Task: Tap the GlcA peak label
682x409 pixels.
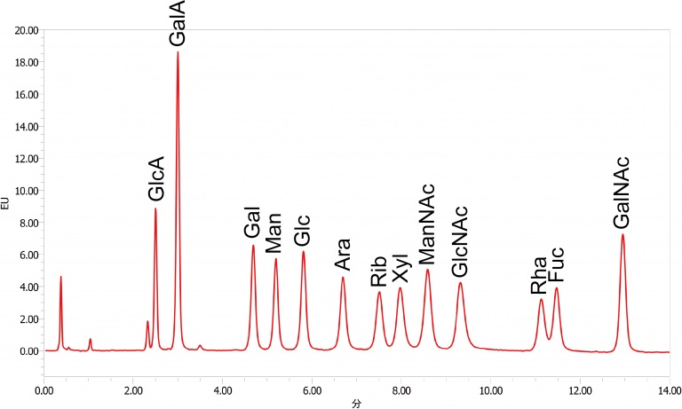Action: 156,179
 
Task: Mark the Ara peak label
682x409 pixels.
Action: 343,253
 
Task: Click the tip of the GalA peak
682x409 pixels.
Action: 178,52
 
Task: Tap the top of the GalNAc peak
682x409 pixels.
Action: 623,234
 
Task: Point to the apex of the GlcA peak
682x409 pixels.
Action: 155,208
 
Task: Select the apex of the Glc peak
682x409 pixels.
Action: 303,252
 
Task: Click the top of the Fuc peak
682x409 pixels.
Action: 557,288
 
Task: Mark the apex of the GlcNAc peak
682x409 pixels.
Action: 460,283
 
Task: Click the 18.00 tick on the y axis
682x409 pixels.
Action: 25,62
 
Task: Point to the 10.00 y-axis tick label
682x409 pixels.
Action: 25,191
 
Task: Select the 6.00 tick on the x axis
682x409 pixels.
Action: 312,389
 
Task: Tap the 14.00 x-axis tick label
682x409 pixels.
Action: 669,389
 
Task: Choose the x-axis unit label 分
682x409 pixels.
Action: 355,402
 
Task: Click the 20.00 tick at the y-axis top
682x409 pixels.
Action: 25,30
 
